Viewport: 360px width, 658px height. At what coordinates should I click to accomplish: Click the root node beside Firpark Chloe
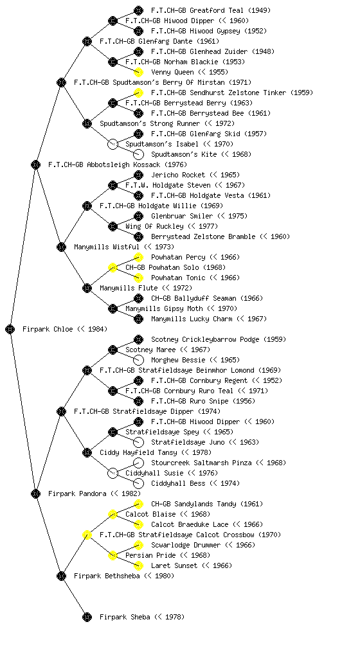[10, 329]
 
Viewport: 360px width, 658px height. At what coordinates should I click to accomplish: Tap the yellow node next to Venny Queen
[138, 72]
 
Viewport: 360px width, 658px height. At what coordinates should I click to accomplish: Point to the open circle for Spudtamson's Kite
[138, 154]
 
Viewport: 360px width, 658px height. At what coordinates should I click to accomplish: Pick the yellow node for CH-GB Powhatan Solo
[113, 267]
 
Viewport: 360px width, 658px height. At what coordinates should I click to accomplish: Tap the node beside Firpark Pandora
[35, 493]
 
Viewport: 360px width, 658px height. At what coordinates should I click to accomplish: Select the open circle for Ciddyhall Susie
[113, 473]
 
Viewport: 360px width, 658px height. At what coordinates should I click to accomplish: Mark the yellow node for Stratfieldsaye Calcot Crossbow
[87, 535]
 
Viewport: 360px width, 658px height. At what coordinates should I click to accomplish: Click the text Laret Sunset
[174, 565]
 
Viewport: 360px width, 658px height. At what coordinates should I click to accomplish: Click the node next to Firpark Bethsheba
[61, 576]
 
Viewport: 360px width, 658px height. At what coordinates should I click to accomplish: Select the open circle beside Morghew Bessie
[138, 360]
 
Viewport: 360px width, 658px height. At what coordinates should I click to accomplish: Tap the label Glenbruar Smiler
[182, 216]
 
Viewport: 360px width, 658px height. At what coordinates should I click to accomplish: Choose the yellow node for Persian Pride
[113, 555]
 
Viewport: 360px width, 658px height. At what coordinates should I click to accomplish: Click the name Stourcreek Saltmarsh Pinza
[201, 463]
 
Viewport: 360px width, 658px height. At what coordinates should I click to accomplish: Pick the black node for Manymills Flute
[87, 288]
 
